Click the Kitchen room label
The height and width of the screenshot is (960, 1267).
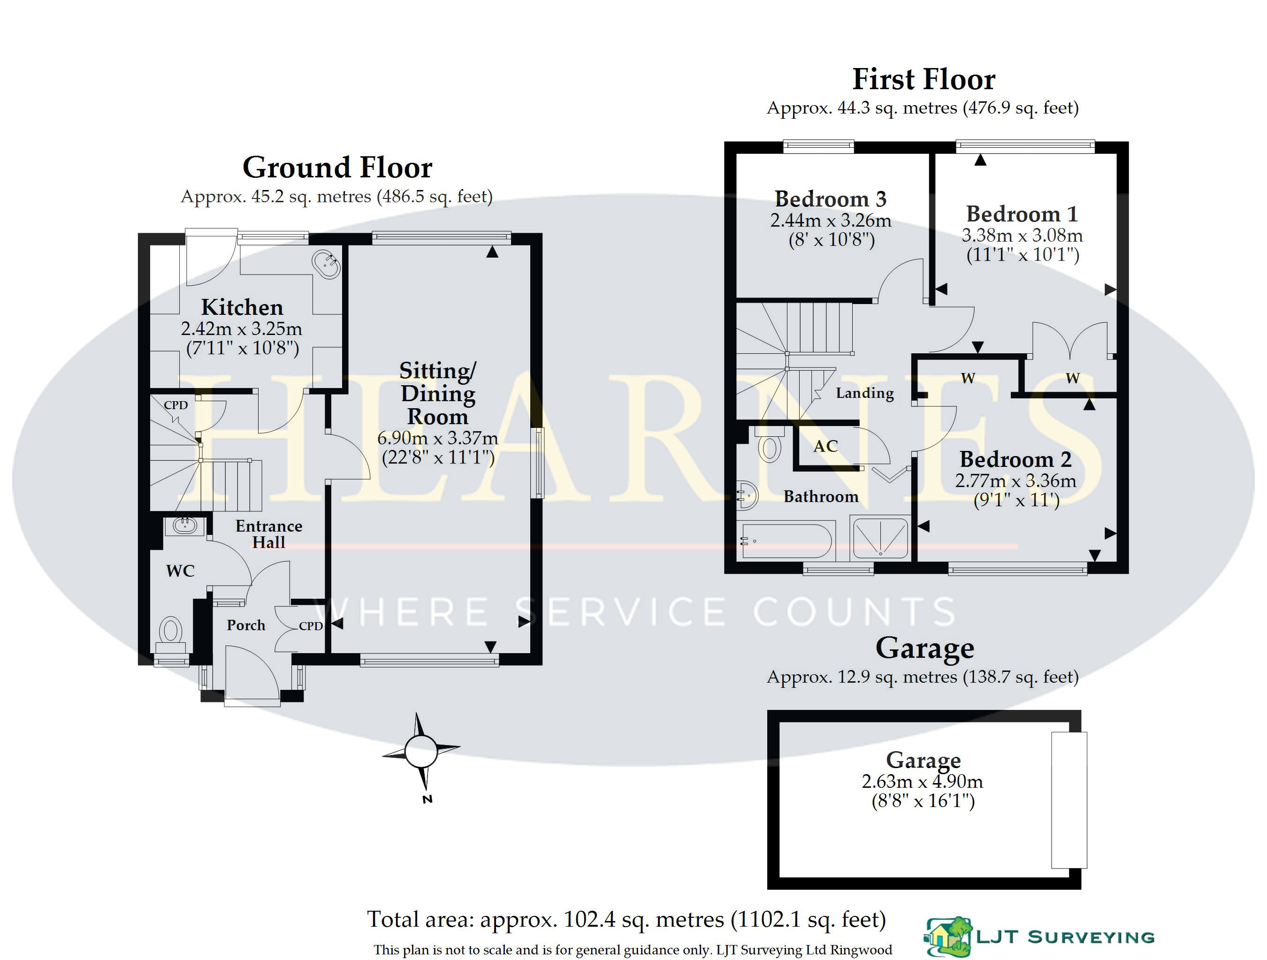[x=242, y=308]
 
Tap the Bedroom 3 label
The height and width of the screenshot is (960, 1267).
[x=831, y=199]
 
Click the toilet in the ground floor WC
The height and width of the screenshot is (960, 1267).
[x=170, y=635]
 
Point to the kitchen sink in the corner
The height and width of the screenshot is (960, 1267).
[x=327, y=264]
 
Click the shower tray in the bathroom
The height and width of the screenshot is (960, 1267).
[x=879, y=538]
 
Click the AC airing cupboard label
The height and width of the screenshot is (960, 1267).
[x=825, y=446]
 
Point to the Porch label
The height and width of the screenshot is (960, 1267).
[x=246, y=625]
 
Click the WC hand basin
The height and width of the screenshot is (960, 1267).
[x=185, y=525]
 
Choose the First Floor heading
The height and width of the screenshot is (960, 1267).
[x=924, y=79]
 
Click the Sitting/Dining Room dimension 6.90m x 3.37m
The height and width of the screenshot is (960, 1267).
[x=438, y=438]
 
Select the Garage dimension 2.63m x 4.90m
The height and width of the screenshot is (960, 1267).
[x=922, y=781]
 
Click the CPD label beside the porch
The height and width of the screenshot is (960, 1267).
[x=311, y=626]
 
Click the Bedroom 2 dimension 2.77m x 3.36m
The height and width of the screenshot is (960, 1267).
[x=1015, y=480]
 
